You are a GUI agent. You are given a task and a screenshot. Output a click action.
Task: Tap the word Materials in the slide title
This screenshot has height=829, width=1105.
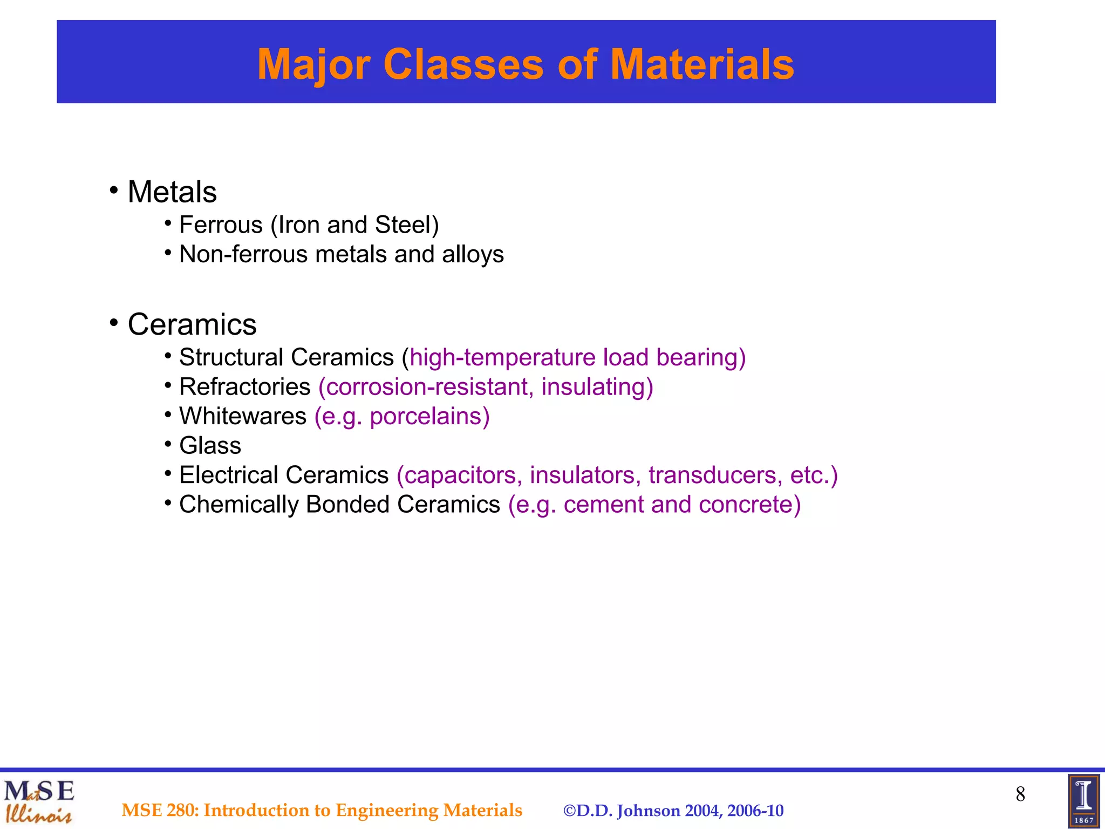(x=701, y=64)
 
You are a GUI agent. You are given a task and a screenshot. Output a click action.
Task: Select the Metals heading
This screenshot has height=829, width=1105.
(x=172, y=192)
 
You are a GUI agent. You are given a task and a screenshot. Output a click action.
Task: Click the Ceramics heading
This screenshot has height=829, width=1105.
(x=192, y=324)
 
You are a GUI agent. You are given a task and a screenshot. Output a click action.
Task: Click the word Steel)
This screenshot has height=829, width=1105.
(x=407, y=225)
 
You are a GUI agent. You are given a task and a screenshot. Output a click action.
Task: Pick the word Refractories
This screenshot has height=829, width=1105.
(x=244, y=387)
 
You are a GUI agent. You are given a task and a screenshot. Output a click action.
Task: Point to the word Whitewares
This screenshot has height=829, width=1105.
(x=243, y=416)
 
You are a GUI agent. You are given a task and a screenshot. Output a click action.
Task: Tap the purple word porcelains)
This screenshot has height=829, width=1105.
(x=429, y=417)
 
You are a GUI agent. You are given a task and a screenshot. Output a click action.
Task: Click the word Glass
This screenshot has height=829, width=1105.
(x=210, y=446)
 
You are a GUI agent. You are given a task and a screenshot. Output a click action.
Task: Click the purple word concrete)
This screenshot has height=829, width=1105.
(x=749, y=505)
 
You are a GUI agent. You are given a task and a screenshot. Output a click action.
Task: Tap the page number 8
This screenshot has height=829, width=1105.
(x=1020, y=794)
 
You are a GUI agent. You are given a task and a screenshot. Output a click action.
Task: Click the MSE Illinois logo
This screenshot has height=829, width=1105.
(x=39, y=801)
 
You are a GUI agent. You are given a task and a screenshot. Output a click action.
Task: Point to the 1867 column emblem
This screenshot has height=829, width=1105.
(x=1083, y=801)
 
